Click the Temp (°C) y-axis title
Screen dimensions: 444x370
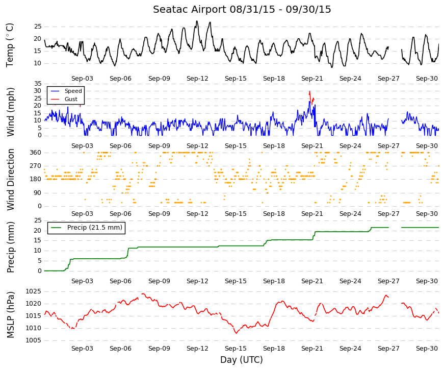click(10, 45)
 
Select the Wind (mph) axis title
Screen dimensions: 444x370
click(10, 112)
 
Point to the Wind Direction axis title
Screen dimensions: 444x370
click(10, 180)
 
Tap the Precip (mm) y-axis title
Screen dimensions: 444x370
click(10, 247)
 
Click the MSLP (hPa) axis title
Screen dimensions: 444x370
click(10, 315)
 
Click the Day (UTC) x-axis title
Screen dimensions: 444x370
click(242, 359)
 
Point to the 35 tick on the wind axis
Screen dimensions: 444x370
click(38, 84)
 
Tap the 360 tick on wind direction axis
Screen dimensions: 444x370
click(36, 153)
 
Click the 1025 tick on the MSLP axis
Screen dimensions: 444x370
click(34, 291)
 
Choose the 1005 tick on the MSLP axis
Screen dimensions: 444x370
click(34, 340)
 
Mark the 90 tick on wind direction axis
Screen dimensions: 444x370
click(38, 193)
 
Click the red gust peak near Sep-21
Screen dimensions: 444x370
click(310, 91)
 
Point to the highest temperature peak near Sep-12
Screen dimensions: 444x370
click(197, 21)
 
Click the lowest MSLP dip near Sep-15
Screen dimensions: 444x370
click(236, 333)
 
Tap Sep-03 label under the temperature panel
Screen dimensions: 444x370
click(82, 79)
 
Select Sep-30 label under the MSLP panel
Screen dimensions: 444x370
click(427, 349)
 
